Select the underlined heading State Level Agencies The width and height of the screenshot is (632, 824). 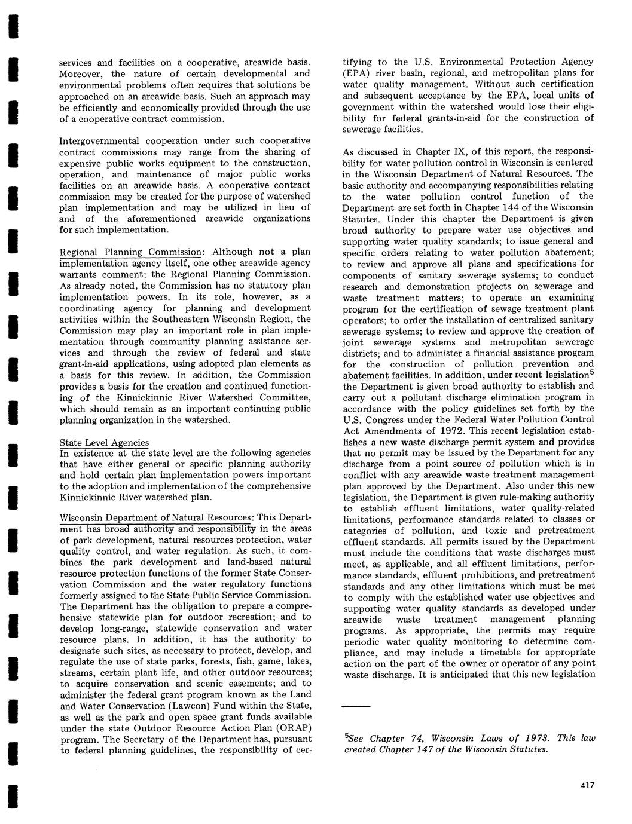click(104, 443)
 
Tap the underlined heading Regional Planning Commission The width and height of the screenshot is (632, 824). click(130, 252)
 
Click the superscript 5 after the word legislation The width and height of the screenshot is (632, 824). click(592, 372)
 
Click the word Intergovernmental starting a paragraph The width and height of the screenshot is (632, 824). click(98, 141)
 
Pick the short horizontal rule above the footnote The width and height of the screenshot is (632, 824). click(356, 707)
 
